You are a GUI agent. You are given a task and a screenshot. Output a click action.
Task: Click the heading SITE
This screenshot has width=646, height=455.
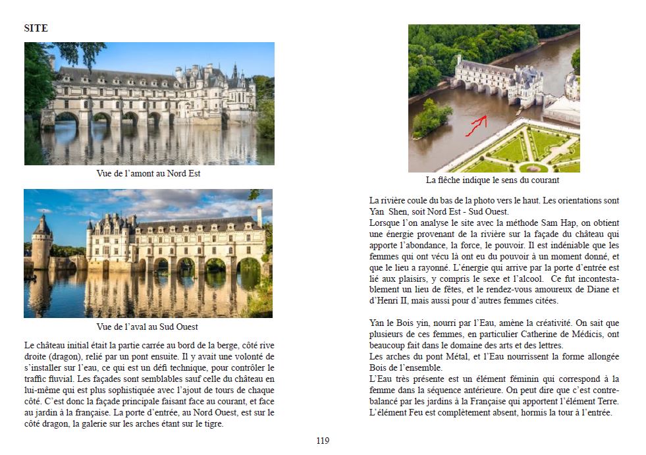[36, 28]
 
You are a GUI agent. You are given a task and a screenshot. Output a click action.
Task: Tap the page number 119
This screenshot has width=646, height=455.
[322, 441]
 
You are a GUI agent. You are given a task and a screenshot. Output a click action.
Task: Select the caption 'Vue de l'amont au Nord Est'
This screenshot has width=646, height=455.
[148, 174]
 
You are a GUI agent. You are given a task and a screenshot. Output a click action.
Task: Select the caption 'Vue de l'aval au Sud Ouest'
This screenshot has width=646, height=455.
[147, 327]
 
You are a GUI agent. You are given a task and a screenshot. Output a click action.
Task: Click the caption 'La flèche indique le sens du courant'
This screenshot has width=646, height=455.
[493, 180]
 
